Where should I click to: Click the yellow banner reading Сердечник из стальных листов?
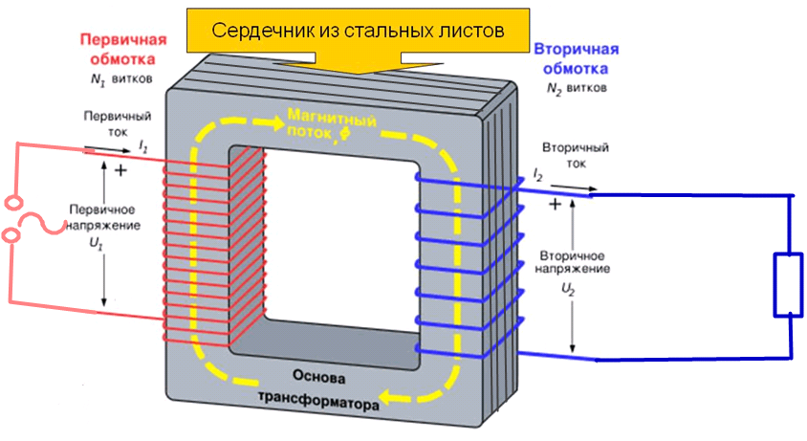(358, 30)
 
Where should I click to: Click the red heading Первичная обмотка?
(122, 51)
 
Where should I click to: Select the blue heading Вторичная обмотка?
(576, 58)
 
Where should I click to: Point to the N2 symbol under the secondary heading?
(554, 89)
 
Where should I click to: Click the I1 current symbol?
(142, 144)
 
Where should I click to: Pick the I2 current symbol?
(537, 175)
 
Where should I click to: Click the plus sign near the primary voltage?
(120, 171)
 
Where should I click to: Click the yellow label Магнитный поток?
(331, 130)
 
